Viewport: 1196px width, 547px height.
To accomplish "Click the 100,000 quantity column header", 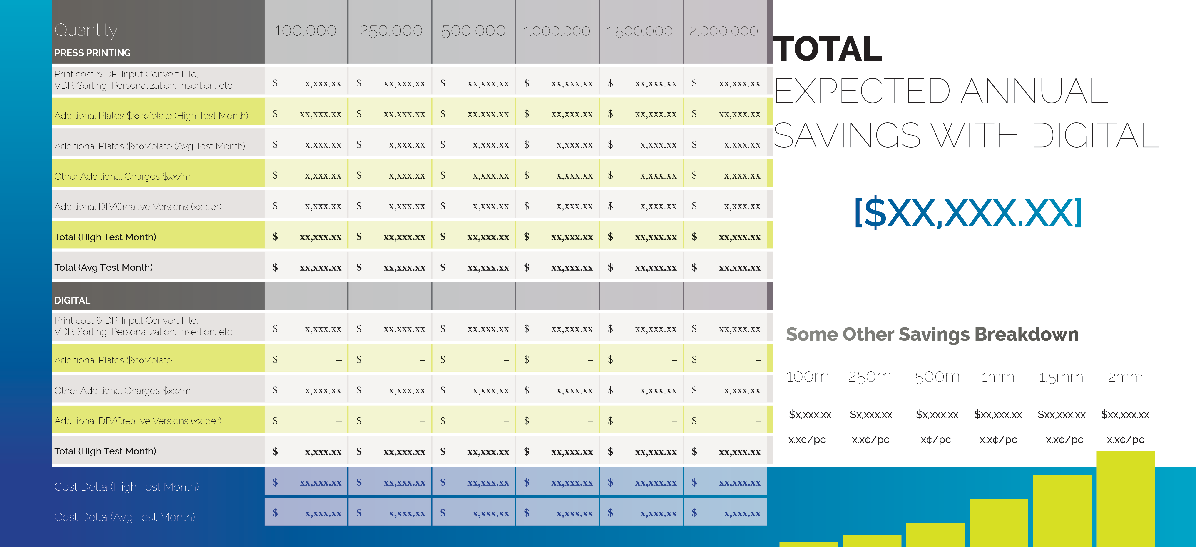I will pyautogui.click(x=305, y=31).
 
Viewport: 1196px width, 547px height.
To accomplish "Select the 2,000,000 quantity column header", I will pyautogui.click(x=723, y=31).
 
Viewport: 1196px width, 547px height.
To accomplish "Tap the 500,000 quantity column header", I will pyautogui.click(x=473, y=31).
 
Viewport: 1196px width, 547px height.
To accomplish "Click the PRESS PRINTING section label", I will pyautogui.click(x=92, y=53).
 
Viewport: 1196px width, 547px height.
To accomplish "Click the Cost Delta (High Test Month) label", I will pyautogui.click(x=126, y=487).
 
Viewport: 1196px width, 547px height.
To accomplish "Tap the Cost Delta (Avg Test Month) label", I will pyautogui.click(x=124, y=517).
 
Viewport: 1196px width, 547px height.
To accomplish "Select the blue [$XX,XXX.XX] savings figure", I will pyautogui.click(x=968, y=213).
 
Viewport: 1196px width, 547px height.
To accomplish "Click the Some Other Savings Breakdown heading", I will pyautogui.click(x=932, y=335).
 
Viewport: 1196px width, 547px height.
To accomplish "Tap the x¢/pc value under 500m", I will pyautogui.click(x=935, y=440).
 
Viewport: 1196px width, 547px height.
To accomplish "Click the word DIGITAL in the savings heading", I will pyautogui.click(x=1096, y=136).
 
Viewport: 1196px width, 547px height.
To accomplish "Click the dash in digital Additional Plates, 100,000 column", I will pyautogui.click(x=339, y=360).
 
